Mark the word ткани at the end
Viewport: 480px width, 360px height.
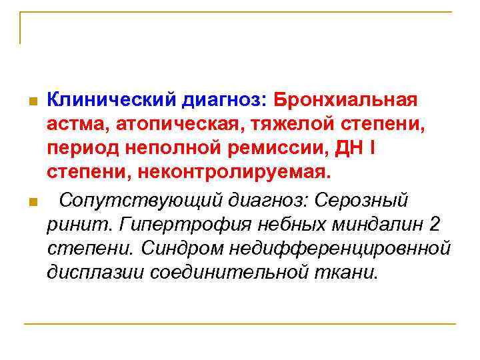tap(349, 272)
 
